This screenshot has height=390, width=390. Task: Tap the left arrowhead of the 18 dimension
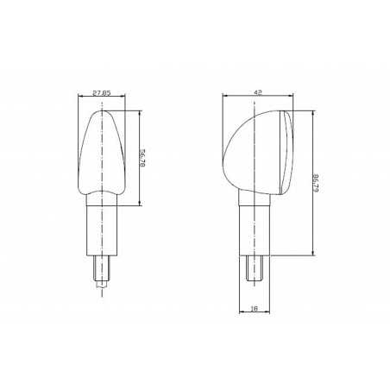pyautogui.click(x=239, y=311)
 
